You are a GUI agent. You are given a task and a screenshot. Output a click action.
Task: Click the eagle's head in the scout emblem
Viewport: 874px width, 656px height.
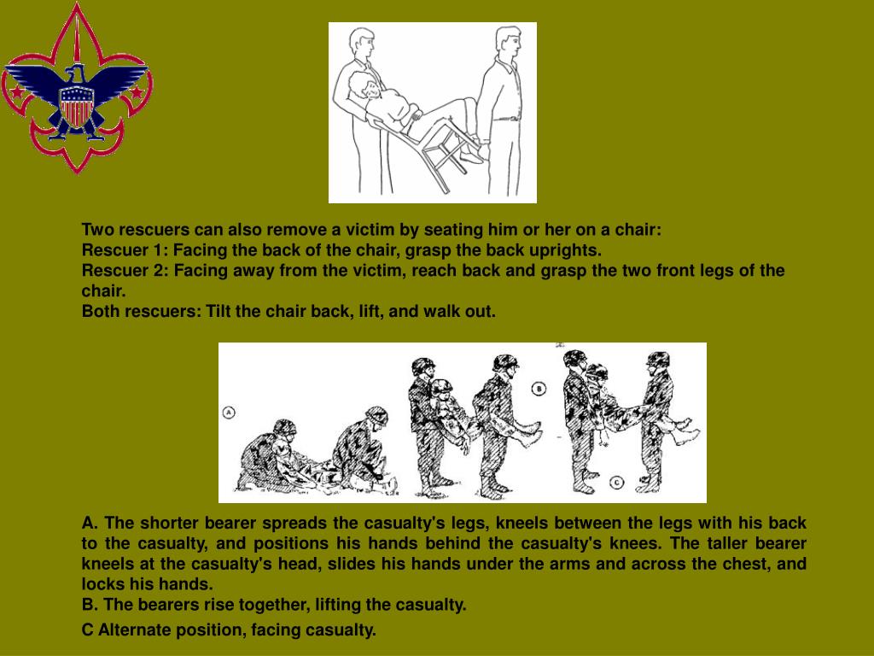click(x=76, y=75)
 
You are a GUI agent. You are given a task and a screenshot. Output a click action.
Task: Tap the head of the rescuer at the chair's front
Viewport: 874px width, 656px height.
click(x=509, y=42)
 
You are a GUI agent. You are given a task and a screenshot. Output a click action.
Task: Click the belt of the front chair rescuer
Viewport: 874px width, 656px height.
click(x=505, y=119)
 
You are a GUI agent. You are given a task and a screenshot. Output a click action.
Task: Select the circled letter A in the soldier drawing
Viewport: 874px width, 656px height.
click(x=229, y=413)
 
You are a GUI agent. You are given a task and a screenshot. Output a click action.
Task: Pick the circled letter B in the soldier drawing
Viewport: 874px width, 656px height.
click(x=539, y=389)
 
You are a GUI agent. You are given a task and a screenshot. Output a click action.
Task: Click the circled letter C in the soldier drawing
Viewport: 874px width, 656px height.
click(x=616, y=483)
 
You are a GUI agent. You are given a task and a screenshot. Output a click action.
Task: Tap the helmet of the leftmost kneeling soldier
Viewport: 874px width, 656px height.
click(x=283, y=428)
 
